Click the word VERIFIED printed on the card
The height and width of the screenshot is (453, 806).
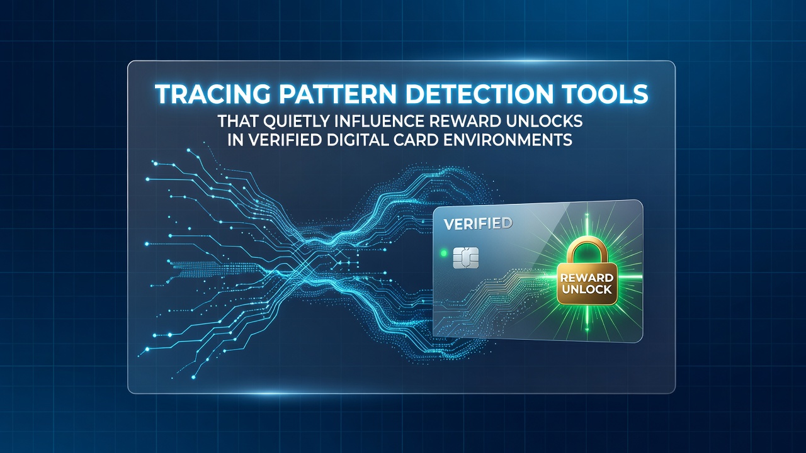[478, 224]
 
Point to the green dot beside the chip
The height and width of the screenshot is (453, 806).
[444, 254]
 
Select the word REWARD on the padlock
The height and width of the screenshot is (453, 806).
[587, 277]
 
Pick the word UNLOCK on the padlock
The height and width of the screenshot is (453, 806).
[587, 289]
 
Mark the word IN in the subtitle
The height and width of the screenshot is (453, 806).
[236, 140]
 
